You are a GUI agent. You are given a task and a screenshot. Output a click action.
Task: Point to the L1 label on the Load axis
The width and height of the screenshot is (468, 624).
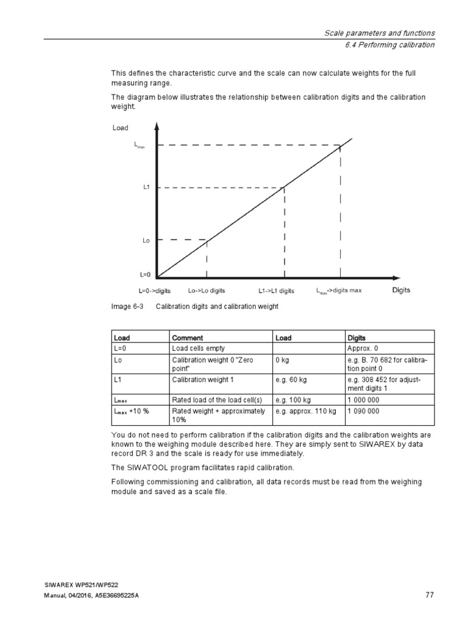tap(146, 188)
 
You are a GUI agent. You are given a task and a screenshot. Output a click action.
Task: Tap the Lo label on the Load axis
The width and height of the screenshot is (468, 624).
tap(146, 241)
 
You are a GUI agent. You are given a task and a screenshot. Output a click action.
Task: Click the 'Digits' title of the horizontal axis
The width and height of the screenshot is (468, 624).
tap(401, 290)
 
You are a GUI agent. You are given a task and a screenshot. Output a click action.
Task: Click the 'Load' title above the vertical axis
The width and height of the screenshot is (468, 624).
tap(121, 128)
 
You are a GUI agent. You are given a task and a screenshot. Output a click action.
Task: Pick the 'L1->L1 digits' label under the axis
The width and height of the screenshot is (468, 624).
tap(276, 291)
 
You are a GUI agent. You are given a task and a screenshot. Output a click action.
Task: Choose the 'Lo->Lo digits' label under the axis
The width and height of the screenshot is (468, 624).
tap(207, 291)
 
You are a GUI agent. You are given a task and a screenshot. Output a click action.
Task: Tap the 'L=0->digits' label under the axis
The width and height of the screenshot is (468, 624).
tap(155, 291)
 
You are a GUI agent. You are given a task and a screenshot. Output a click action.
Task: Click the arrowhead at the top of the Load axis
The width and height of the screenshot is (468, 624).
tap(157, 126)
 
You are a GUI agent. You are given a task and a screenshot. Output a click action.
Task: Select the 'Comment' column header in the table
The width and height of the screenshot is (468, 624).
tap(187, 338)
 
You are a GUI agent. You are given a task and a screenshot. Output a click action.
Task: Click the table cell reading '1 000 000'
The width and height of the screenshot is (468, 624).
tap(363, 400)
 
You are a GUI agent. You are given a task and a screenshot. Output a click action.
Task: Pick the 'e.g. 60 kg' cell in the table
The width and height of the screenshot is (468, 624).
tap(291, 380)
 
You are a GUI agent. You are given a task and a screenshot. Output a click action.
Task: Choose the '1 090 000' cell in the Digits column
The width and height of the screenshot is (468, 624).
tap(363, 411)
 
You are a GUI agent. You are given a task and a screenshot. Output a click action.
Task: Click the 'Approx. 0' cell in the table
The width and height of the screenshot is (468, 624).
tap(363, 348)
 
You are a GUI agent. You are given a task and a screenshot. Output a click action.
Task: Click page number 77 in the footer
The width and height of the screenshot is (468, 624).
tap(430, 595)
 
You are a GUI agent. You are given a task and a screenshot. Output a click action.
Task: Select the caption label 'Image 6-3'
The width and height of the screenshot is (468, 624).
tap(127, 307)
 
